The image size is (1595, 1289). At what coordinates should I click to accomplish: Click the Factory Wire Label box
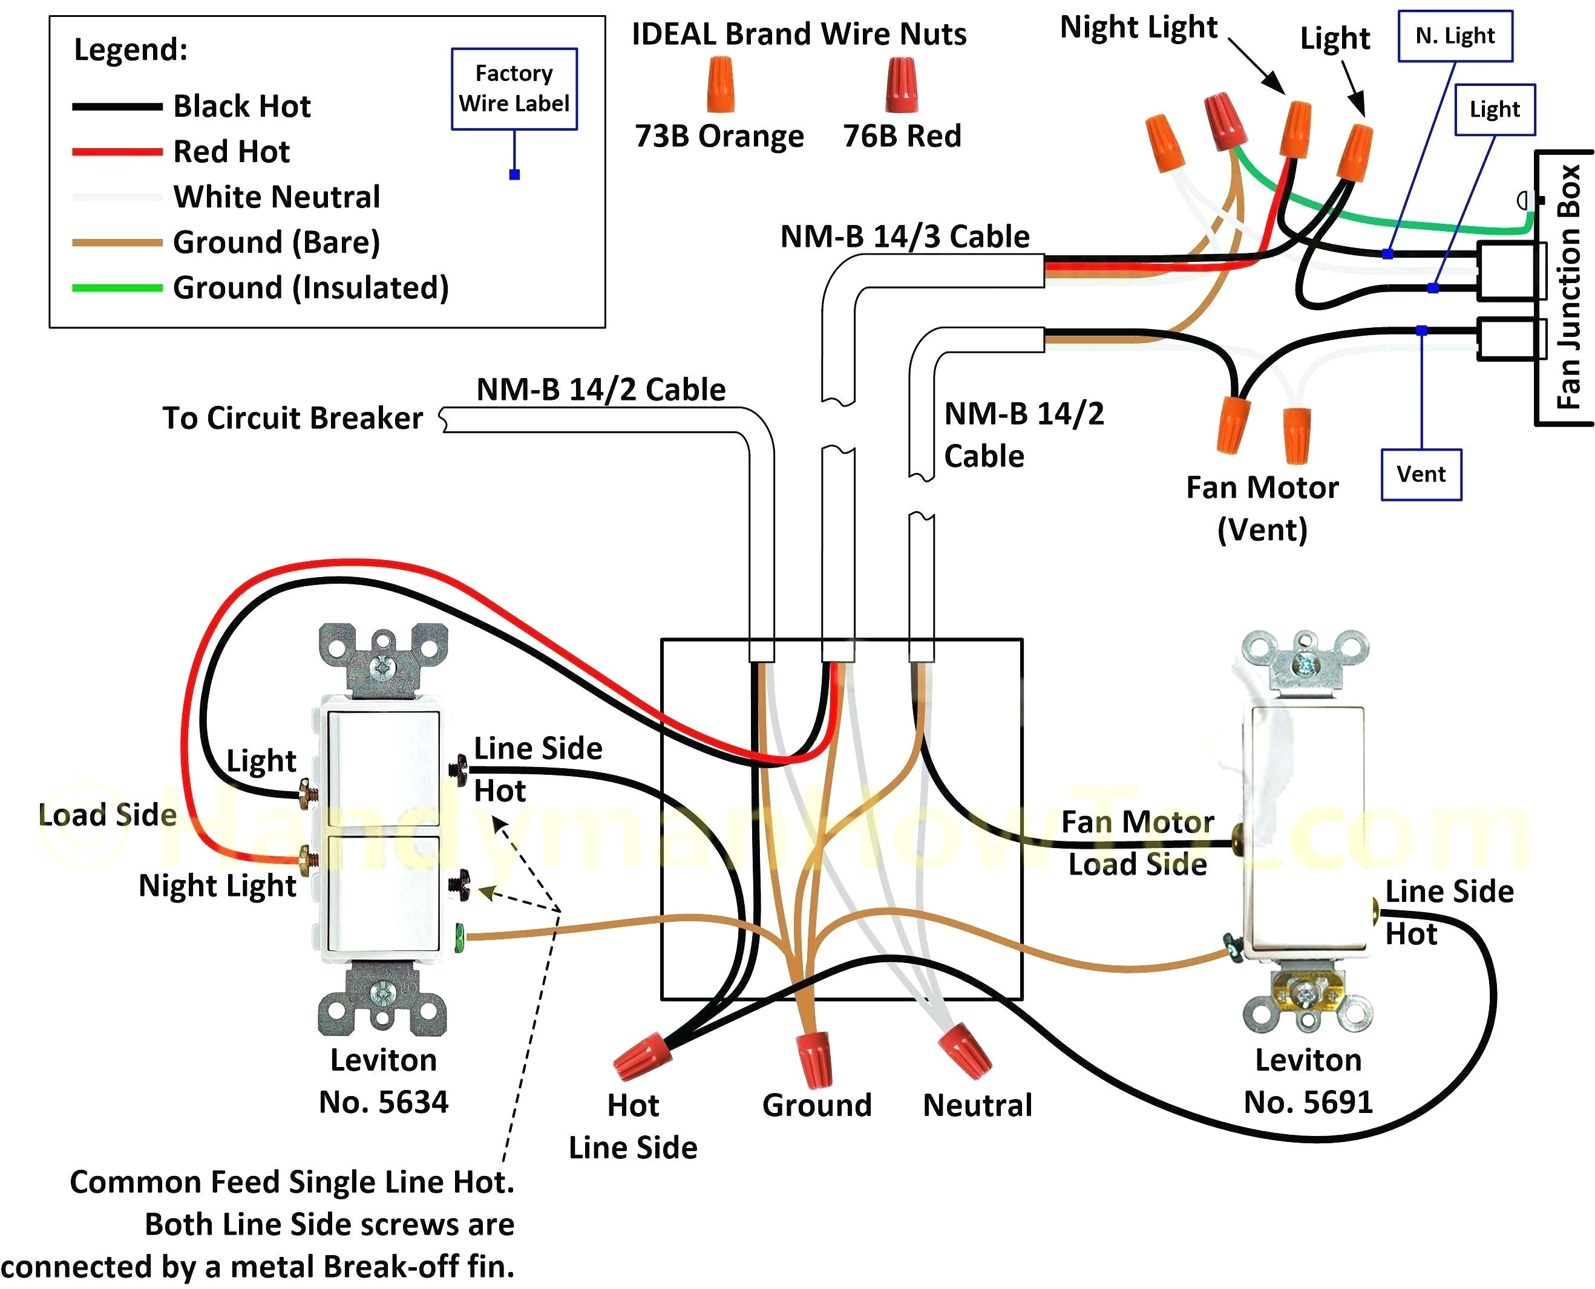(x=514, y=89)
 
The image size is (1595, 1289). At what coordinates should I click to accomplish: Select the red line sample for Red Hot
(x=117, y=151)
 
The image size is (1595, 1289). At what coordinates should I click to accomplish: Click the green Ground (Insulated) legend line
(x=117, y=288)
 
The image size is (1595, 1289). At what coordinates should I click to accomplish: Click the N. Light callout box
(x=1455, y=36)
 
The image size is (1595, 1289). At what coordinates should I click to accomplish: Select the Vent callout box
(x=1421, y=474)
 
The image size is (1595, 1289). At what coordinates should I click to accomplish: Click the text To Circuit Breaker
(x=293, y=418)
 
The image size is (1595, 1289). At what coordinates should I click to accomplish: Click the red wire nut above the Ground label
(x=814, y=1058)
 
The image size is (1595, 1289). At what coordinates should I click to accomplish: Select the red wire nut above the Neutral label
(x=964, y=1049)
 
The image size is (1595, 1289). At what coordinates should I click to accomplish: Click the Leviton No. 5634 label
(x=383, y=1081)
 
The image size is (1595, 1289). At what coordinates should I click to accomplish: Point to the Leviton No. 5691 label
(x=1308, y=1081)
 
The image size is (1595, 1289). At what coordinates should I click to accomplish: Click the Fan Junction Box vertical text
(x=1568, y=288)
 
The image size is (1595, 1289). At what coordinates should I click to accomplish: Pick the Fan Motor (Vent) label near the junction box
(x=1262, y=509)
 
